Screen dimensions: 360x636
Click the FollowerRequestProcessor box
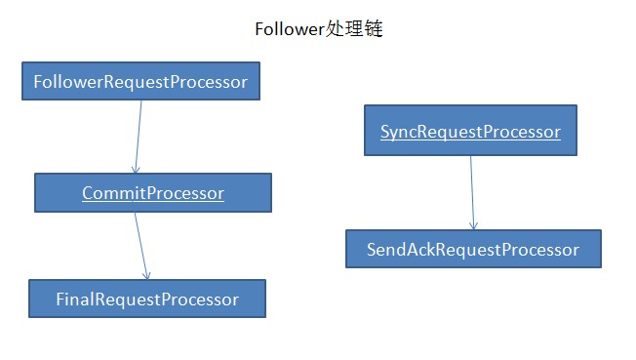point(140,82)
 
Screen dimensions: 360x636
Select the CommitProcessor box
point(152,193)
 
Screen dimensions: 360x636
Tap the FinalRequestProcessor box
point(146,299)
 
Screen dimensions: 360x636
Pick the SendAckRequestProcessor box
point(473,250)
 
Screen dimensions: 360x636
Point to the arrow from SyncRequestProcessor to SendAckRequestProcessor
point(472,192)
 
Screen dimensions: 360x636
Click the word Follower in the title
point(289,29)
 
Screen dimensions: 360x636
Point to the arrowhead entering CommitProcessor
point(136,169)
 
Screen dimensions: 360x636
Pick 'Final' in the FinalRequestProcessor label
point(74,299)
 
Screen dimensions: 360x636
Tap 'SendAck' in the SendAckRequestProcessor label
point(399,250)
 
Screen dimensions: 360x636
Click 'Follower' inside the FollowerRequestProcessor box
point(65,82)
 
